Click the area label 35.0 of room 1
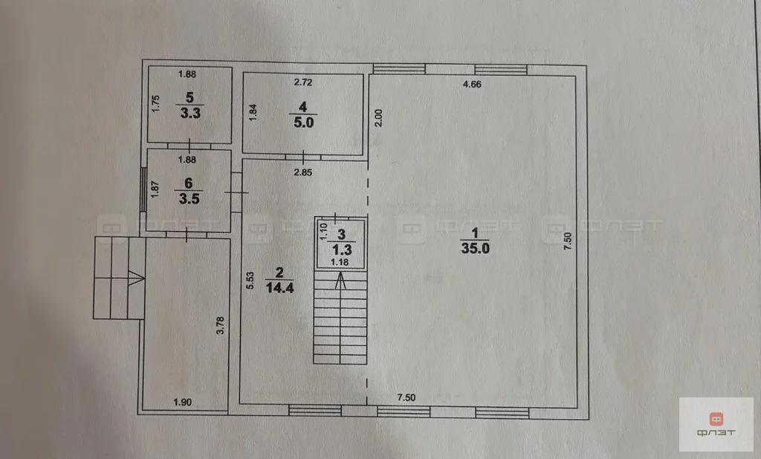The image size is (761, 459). pyautogui.click(x=475, y=248)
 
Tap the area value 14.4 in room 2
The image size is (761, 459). pyautogui.click(x=279, y=287)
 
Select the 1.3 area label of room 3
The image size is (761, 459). pyautogui.click(x=342, y=250)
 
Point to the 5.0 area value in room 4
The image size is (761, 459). pyautogui.click(x=303, y=123)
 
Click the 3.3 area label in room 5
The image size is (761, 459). pyautogui.click(x=190, y=113)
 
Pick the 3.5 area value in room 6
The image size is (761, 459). pyautogui.click(x=189, y=198)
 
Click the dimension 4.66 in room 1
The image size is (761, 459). pyautogui.click(x=472, y=85)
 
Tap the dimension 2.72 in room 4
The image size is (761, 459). pyautogui.click(x=303, y=82)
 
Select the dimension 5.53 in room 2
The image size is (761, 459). pyautogui.click(x=250, y=281)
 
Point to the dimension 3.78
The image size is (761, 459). pyautogui.click(x=220, y=325)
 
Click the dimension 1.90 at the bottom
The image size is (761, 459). pyautogui.click(x=183, y=403)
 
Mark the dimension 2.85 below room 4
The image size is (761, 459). pyautogui.click(x=303, y=172)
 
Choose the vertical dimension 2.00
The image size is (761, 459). pyautogui.click(x=378, y=118)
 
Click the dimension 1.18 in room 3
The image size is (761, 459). pyautogui.click(x=340, y=262)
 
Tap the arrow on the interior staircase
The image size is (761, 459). pyautogui.click(x=340, y=281)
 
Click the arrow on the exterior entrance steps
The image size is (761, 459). pyautogui.click(x=137, y=278)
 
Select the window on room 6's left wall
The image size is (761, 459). pyautogui.click(x=143, y=189)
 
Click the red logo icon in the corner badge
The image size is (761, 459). pyautogui.click(x=716, y=419)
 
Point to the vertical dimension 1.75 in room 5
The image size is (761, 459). pyautogui.click(x=155, y=104)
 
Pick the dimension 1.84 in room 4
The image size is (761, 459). pyautogui.click(x=253, y=113)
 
